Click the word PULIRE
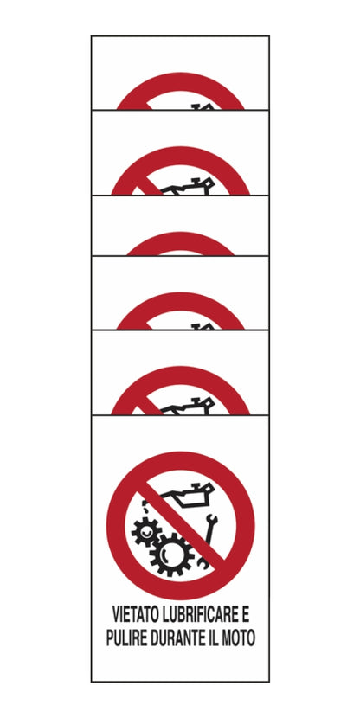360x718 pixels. point(125,638)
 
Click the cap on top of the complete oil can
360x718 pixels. point(201,484)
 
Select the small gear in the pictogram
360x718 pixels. point(146,532)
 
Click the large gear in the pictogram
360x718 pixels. point(172,554)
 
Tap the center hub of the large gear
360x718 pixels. point(172,554)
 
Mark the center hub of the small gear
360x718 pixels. point(146,532)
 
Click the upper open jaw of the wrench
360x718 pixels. point(213,519)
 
